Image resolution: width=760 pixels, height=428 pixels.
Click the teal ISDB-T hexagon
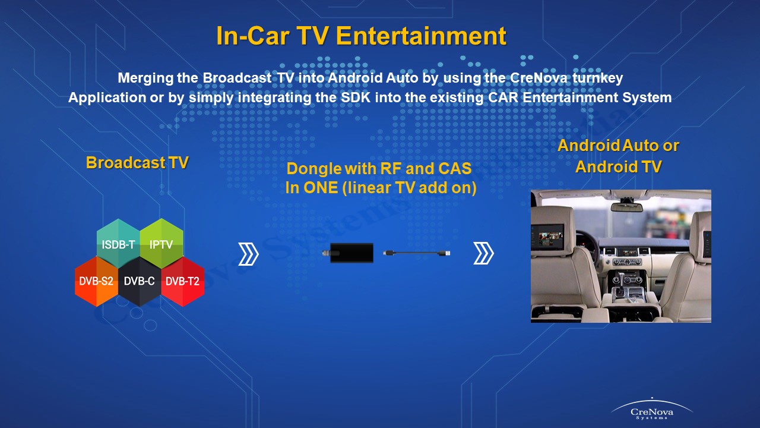click(x=118, y=244)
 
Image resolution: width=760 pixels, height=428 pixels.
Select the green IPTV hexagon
click(x=161, y=244)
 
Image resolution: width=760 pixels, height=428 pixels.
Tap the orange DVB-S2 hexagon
click(x=96, y=281)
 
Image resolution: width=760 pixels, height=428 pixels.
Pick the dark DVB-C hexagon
click(x=140, y=281)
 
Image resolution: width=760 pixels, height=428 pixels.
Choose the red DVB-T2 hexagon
click(x=183, y=281)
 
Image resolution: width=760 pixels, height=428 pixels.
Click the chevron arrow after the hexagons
click(x=248, y=254)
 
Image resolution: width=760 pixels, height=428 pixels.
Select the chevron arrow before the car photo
click(x=483, y=254)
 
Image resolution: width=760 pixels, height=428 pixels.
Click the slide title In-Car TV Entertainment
click(x=361, y=36)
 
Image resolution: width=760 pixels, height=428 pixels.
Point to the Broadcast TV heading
click(x=137, y=163)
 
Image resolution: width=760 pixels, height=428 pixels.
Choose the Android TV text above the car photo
click(x=618, y=167)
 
